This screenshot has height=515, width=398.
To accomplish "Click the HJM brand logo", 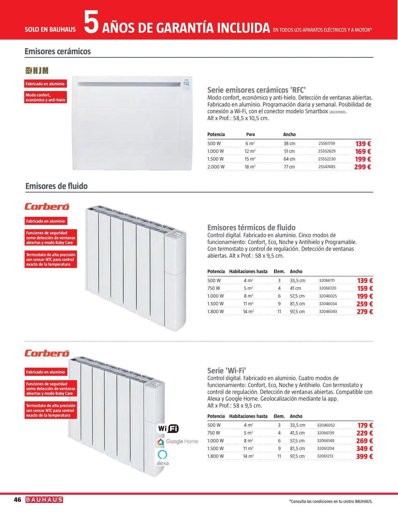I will point(37,70).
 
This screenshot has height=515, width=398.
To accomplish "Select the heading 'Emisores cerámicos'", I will point(58,51).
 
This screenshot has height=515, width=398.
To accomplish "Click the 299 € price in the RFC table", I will point(363,167).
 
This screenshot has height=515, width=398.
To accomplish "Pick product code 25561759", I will point(326,143).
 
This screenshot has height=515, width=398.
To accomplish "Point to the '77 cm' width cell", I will point(289,167).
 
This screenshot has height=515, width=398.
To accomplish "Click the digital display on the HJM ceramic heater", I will point(186,85).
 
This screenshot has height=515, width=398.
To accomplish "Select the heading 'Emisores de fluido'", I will point(56,186).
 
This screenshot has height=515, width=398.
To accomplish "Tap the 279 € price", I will point(365,312).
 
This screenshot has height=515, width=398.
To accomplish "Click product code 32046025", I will point(328,296).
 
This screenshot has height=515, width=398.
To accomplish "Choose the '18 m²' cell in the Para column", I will point(250,167).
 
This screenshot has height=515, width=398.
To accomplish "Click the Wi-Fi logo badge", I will point(167,429).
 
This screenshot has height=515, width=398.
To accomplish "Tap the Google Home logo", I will point(178,442).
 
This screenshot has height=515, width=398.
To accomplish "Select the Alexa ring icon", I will point(162,454).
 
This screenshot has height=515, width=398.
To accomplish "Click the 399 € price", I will point(365,457).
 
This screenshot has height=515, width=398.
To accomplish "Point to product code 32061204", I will point(325,448).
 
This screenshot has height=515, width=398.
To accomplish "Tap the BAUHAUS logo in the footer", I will point(44,500).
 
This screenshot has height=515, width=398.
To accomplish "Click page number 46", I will point(18,500).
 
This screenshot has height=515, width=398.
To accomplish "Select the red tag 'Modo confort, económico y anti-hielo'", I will point(45,98).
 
